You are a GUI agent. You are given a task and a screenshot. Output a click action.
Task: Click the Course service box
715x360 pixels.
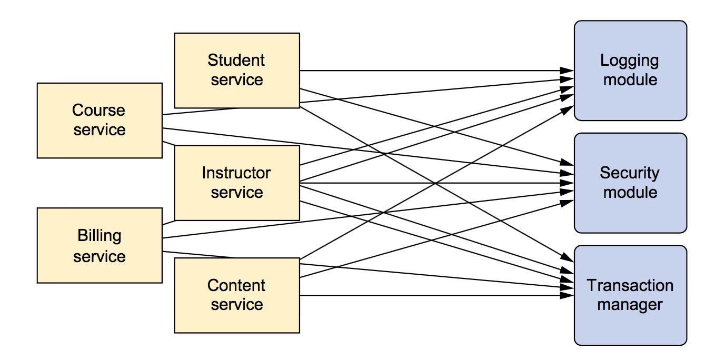100,121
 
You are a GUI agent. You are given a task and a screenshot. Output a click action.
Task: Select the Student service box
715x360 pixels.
237,71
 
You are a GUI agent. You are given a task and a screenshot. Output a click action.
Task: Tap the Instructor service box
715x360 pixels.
237,183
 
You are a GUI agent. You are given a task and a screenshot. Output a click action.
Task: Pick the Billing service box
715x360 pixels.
100,245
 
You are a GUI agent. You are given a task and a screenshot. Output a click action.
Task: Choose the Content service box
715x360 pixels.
237,296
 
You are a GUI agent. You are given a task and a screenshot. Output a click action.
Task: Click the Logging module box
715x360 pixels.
630,71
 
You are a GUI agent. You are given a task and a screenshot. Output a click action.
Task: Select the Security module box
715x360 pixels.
630,183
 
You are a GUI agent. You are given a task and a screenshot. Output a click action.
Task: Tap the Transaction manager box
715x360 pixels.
630,295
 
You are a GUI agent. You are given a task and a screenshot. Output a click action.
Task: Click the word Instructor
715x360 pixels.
236,173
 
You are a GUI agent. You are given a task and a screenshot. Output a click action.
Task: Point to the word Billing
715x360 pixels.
100,236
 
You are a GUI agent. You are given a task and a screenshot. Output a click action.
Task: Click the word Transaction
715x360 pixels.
630,285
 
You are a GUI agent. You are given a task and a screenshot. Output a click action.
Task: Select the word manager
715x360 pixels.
630,305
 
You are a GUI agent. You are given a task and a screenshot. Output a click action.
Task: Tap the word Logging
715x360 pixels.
630,61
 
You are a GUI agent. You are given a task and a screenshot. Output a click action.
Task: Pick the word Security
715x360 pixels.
630,174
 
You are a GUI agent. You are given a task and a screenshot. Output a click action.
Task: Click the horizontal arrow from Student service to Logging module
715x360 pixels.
436,71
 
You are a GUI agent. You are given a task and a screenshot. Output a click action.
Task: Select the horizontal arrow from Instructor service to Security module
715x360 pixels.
436,183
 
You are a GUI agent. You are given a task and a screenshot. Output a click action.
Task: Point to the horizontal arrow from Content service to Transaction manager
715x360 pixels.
436,296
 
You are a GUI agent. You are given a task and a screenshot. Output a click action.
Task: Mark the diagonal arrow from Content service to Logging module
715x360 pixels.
436,183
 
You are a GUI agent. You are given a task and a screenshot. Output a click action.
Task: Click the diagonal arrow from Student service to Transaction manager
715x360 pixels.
436,184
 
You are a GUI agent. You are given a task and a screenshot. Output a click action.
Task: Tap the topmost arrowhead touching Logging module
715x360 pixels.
567,71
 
